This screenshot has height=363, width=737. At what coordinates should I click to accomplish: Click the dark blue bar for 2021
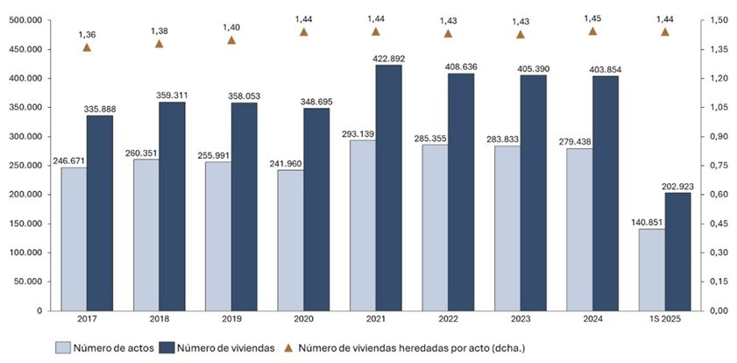389,188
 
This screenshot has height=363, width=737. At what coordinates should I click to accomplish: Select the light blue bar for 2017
74,238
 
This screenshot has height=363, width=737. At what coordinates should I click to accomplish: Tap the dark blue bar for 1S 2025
677,251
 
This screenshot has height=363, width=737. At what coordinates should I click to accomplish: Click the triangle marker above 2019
232,39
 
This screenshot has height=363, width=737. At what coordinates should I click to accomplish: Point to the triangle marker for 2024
592,32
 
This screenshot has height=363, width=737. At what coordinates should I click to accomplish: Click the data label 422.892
387,58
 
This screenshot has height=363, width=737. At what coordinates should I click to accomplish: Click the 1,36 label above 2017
88,33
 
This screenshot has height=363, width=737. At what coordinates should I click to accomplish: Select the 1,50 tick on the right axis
719,20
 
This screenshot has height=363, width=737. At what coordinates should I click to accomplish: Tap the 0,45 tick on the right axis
719,224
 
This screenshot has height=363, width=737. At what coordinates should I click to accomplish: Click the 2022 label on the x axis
448,322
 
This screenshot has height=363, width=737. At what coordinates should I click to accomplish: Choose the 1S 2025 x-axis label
664,322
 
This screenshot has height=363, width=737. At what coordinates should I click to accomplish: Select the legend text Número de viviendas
223,347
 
